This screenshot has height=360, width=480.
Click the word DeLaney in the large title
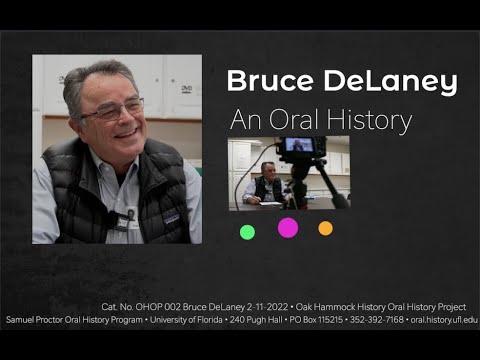tap(385, 82)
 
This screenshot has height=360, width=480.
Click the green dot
tap(247, 232)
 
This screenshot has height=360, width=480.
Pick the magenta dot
tap(288, 227)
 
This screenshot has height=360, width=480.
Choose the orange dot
tap(325, 228)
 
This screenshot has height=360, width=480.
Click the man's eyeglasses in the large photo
tap(113, 109)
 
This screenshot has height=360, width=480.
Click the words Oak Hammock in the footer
tap(318, 306)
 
